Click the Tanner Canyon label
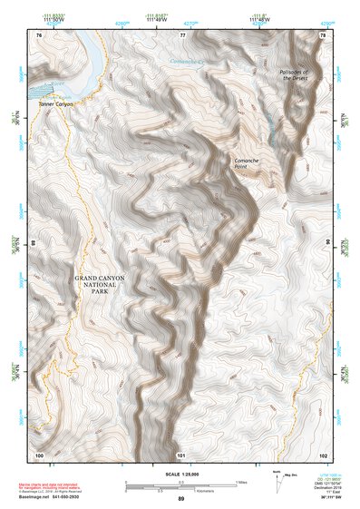click(54, 104)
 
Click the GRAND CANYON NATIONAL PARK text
click(101, 285)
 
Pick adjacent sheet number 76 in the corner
click(39, 34)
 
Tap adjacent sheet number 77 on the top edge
click(182, 34)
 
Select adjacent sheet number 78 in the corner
click(322, 34)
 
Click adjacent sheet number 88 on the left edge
click(34, 243)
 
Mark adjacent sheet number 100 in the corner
click(39, 454)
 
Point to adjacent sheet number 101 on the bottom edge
click(181, 454)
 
